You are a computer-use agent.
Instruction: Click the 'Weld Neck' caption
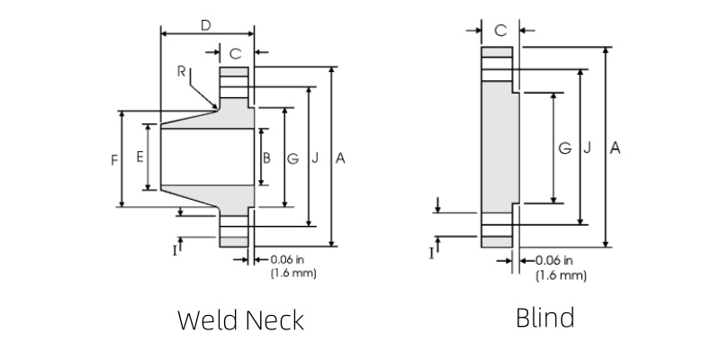[x=240, y=319]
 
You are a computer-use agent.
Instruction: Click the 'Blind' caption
[x=544, y=318]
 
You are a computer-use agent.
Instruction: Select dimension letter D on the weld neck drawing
[x=206, y=25]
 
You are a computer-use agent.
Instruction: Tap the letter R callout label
[x=182, y=73]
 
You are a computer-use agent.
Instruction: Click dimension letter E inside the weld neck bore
[x=140, y=157]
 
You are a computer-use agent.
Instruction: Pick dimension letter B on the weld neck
[x=266, y=157]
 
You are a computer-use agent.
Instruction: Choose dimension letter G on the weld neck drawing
[x=292, y=157]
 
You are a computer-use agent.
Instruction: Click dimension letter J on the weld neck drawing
[x=315, y=157]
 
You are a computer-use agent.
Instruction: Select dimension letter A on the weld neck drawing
[x=340, y=157]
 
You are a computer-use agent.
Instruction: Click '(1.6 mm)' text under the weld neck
[x=292, y=273]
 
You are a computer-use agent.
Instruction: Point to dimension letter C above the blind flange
[x=500, y=30]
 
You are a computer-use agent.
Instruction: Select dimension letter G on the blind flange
[x=563, y=147]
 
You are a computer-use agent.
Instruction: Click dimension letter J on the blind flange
[x=587, y=147]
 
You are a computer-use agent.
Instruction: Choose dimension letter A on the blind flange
[x=615, y=147]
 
